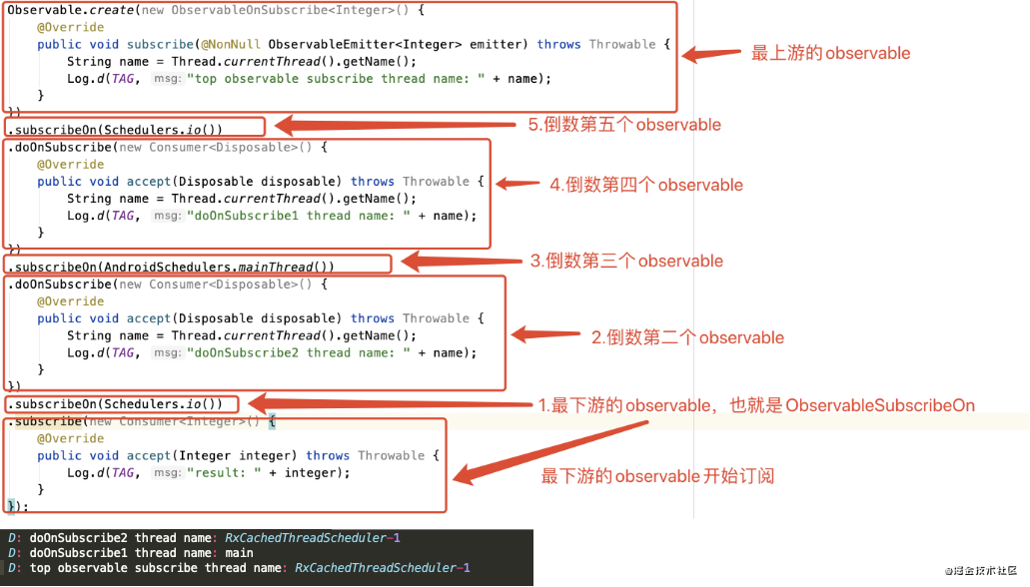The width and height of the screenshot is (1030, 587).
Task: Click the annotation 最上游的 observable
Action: [x=830, y=53]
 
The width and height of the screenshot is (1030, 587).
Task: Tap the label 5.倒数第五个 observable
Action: [x=624, y=125]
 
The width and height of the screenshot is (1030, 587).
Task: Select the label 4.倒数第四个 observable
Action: [x=646, y=185]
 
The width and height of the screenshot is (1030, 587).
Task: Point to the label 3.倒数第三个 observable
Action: [x=626, y=261]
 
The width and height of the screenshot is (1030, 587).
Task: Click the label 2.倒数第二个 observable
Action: [x=687, y=337]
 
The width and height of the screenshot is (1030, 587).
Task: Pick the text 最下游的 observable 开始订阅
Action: [x=657, y=476]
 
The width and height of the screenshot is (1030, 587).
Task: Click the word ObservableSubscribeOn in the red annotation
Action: [x=880, y=405]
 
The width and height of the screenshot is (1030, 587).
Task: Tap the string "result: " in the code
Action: [x=224, y=472]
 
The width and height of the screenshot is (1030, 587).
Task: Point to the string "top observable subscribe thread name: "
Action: [x=330, y=78]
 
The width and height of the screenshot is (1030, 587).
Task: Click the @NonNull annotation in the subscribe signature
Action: [x=232, y=44]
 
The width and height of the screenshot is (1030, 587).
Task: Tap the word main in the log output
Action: [x=240, y=553]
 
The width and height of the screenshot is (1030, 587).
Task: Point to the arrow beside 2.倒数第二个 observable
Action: [x=544, y=334]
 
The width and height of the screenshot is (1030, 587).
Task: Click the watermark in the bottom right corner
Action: [x=984, y=568]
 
